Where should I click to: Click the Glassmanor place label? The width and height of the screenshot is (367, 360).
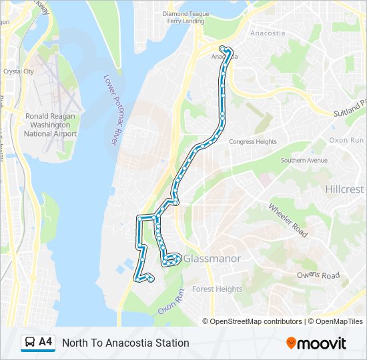pyautogui.click(x=212, y=258)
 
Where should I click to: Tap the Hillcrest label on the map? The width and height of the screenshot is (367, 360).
pyautogui.click(x=344, y=189)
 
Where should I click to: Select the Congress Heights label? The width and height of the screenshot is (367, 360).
pyautogui.click(x=252, y=142)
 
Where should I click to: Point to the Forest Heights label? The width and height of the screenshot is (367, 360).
pyautogui.click(x=217, y=289)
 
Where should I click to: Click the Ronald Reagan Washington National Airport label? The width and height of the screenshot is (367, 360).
pyautogui.click(x=51, y=125)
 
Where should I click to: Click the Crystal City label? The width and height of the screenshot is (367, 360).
pyautogui.click(x=19, y=71)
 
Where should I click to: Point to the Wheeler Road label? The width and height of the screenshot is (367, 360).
pyautogui.click(x=288, y=221)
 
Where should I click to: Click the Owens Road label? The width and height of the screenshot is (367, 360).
pyautogui.click(x=318, y=275)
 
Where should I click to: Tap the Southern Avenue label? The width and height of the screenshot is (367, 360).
pyautogui.click(x=304, y=161)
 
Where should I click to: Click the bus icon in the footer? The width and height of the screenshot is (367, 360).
pyautogui.click(x=29, y=343)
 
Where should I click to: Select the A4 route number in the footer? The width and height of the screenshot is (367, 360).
pyautogui.click(x=45, y=342)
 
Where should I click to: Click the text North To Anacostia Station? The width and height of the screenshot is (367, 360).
pyautogui.click(x=125, y=343)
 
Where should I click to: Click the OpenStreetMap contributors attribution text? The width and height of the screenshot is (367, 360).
pyautogui.click(x=256, y=321)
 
